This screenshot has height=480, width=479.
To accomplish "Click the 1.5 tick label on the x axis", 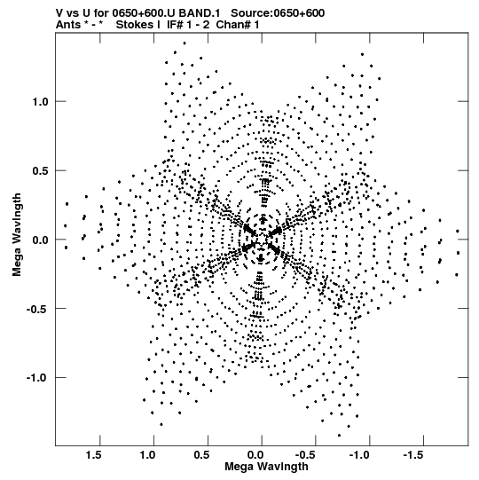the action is [x=94, y=455].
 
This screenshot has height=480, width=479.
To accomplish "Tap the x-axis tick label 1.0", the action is [x=148, y=455].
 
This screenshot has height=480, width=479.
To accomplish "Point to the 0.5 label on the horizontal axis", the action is [x=201, y=455].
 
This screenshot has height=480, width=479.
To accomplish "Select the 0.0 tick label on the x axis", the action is [x=255, y=455].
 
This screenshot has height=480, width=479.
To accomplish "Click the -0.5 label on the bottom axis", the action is [x=307, y=455].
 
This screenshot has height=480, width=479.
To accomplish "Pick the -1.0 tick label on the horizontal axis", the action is [x=361, y=455].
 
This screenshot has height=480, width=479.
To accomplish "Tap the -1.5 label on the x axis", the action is [x=415, y=455].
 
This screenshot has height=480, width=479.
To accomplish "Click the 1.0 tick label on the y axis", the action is [x=41, y=102].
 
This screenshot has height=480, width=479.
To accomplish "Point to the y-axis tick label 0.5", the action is [x=41, y=171].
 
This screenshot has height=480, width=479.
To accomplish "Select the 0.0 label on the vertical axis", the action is [x=41, y=240].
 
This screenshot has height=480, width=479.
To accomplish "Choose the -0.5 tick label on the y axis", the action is [x=37, y=309].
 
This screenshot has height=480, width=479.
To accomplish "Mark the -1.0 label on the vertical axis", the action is [x=37, y=378].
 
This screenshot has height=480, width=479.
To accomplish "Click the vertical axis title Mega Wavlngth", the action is [x=17, y=235].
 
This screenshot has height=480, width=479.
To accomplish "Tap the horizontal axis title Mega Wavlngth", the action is [x=267, y=467].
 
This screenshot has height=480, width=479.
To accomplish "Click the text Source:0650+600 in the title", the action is [x=278, y=13].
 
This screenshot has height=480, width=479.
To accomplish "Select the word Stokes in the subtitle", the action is [x=135, y=25].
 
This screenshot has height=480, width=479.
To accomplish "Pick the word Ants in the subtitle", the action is [x=68, y=25].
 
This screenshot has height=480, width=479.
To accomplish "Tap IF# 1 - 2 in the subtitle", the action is [x=188, y=25].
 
